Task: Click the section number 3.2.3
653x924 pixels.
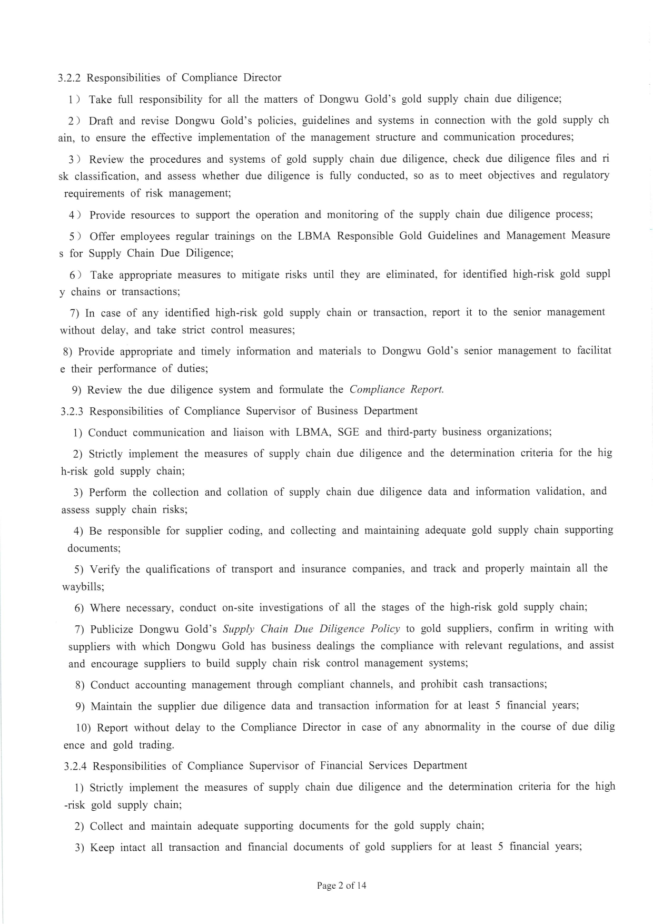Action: tap(72, 411)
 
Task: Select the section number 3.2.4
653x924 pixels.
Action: tap(75, 766)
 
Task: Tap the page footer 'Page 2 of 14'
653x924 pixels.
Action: tap(341, 886)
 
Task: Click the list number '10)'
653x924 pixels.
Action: tap(84, 728)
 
